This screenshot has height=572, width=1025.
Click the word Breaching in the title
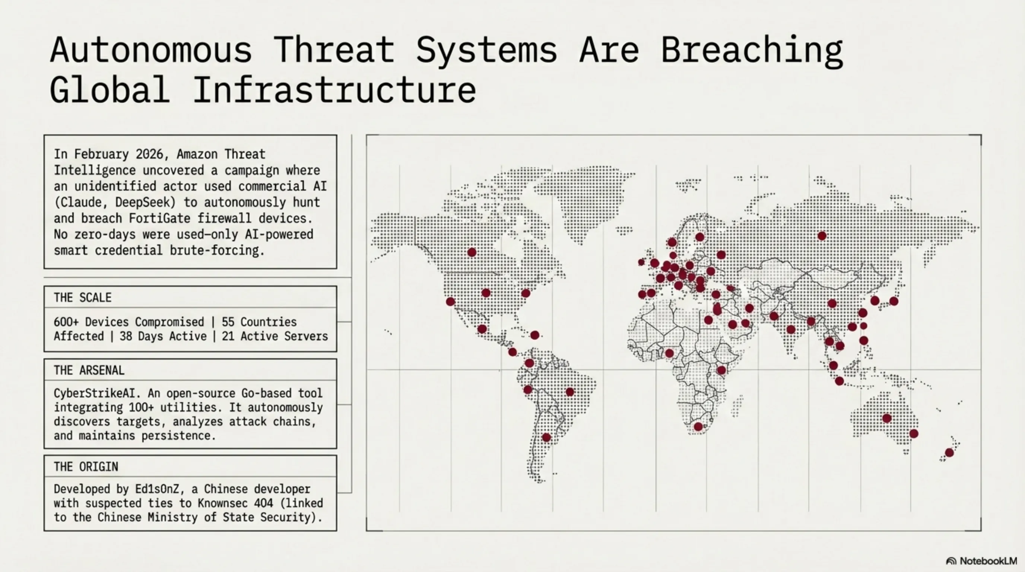click(x=751, y=51)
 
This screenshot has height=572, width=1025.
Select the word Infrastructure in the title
click(x=334, y=90)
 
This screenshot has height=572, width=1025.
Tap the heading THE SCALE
click(x=83, y=298)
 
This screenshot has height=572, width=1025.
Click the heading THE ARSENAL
click(x=89, y=370)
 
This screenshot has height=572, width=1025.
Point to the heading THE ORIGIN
click(x=86, y=467)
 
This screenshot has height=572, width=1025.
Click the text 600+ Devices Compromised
click(x=129, y=322)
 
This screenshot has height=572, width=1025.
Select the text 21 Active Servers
click(x=275, y=336)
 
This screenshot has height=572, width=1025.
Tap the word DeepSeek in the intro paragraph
click(x=146, y=202)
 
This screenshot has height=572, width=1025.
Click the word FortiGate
click(x=159, y=218)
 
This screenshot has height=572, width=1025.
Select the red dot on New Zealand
click(x=949, y=452)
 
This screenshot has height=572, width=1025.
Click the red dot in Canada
click(x=472, y=252)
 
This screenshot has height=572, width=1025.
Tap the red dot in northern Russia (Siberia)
click(x=822, y=236)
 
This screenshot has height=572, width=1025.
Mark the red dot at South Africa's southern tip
click(x=698, y=427)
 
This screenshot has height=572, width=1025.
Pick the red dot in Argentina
click(x=547, y=438)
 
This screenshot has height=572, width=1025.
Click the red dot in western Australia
click(x=887, y=418)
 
